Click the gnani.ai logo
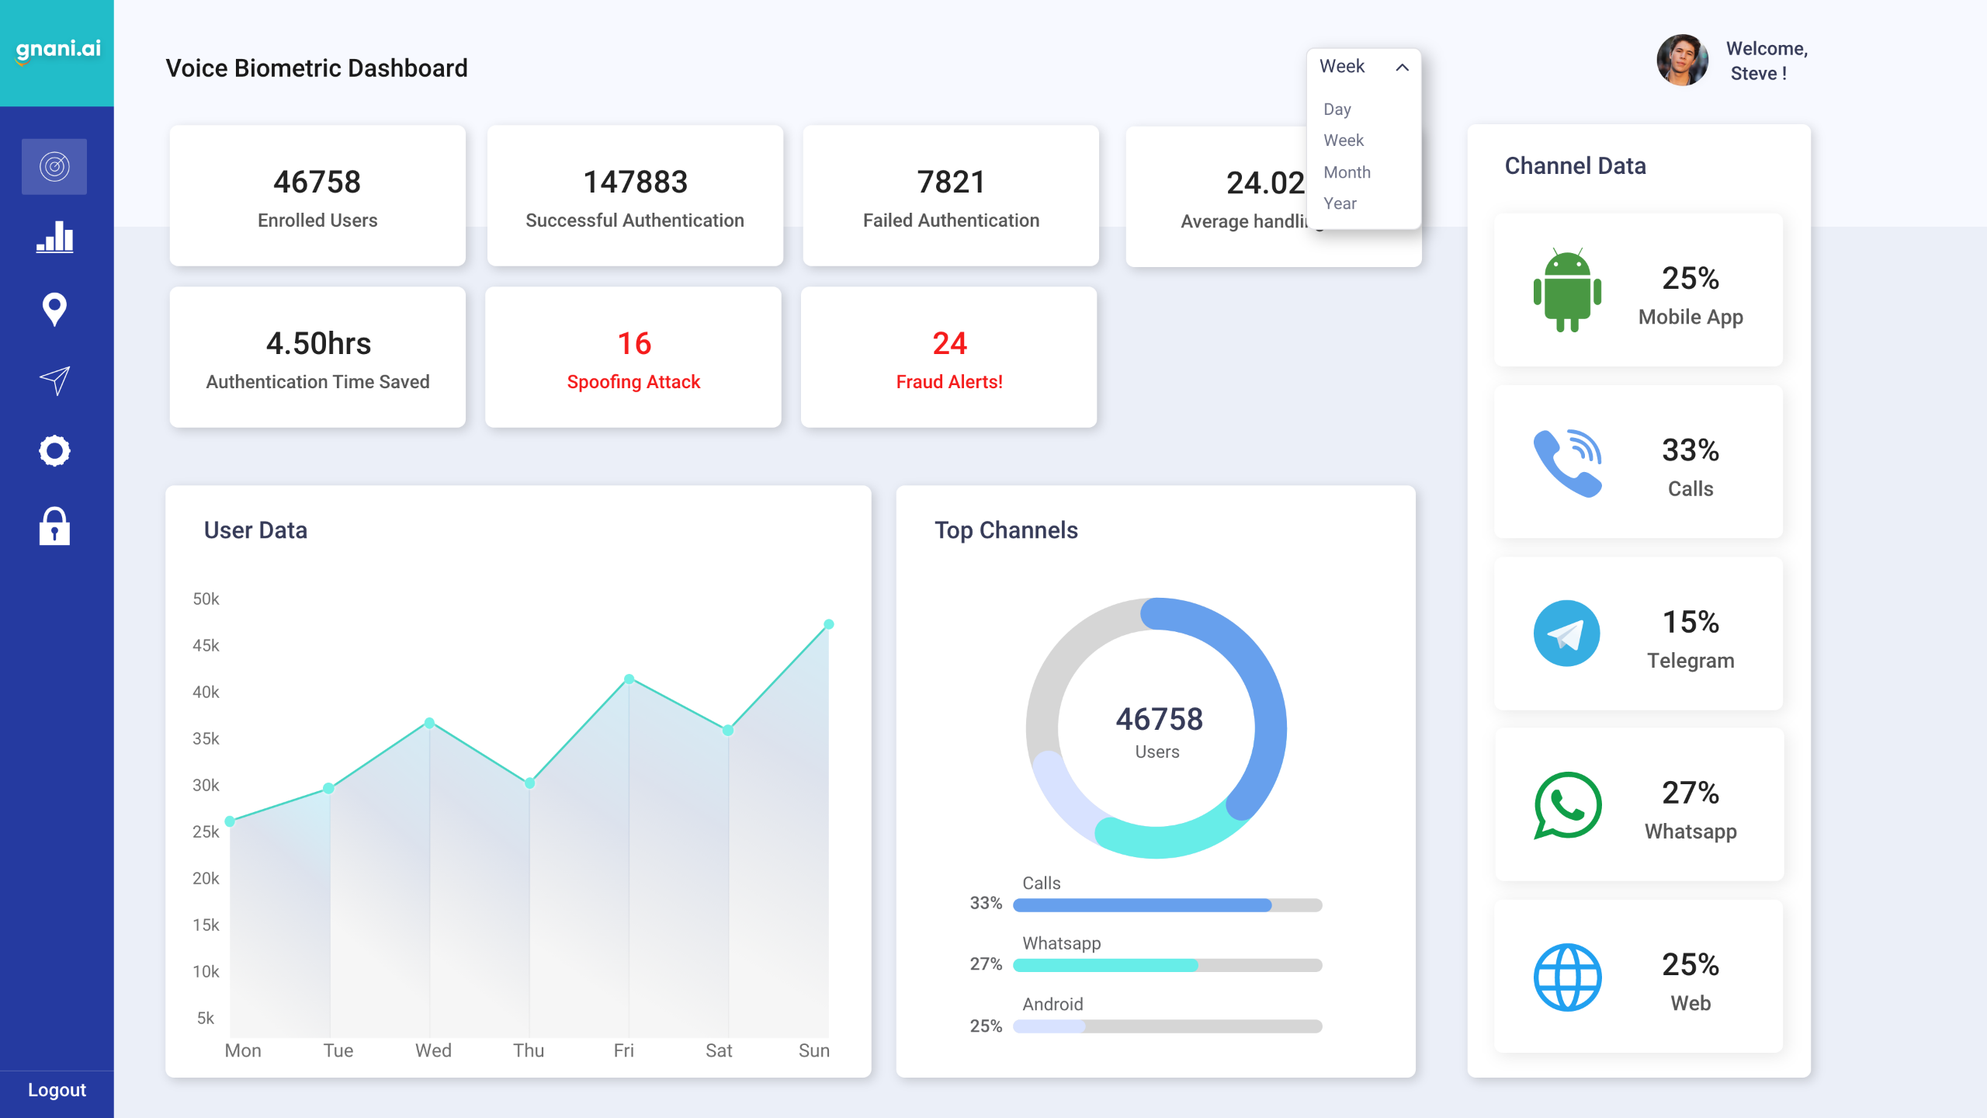pos(57,50)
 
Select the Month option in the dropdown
pos(1347,172)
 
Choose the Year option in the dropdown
pos(1340,203)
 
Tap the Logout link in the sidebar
pos(57,1089)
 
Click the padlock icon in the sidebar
pos(54,526)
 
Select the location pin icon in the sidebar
pos(54,309)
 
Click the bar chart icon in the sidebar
pos(54,237)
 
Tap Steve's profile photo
pos(1681,60)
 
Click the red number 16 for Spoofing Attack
pos(633,343)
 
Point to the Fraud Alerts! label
pos(948,382)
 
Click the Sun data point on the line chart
pos(828,624)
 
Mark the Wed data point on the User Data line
pos(429,723)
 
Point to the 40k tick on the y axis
pos(206,692)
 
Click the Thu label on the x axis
pos(528,1050)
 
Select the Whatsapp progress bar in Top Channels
pos(1167,965)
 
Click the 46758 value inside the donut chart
pos(1159,719)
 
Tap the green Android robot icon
pos(1567,290)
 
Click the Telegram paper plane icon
pos(1566,634)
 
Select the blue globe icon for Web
pos(1567,977)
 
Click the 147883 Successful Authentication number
pos(635,182)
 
